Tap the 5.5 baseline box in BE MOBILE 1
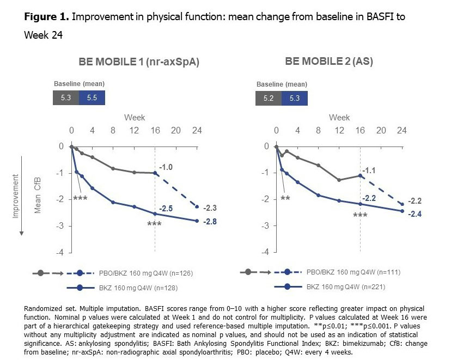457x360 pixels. (x=92, y=98)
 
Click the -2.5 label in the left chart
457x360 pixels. (x=166, y=209)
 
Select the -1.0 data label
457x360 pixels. (x=166, y=167)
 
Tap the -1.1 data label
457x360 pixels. (x=370, y=170)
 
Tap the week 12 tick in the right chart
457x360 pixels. (x=339, y=131)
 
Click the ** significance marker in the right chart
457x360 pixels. (x=285, y=198)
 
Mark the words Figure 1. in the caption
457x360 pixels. (x=45, y=16)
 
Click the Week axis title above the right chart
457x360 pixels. (x=339, y=118)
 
